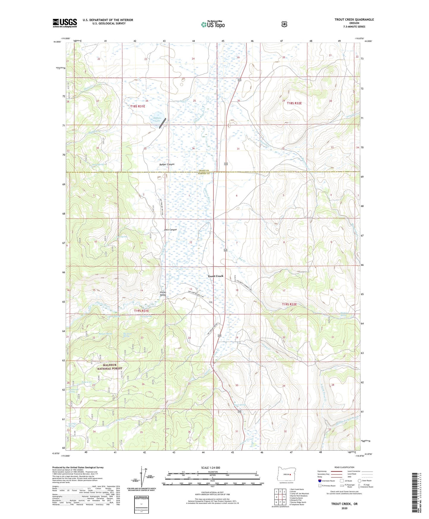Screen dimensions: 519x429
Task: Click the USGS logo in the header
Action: (65, 23)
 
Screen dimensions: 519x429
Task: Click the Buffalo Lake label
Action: (157, 119)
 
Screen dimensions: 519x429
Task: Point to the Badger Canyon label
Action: (167, 164)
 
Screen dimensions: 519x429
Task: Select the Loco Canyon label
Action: (170, 230)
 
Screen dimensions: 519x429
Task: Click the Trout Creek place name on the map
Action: (215, 276)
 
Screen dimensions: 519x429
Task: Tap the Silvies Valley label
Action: (163, 293)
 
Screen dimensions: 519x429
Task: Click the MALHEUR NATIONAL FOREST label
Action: (110, 367)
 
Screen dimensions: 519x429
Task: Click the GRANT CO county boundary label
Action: (204, 170)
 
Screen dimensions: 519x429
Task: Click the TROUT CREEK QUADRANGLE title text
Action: (354, 20)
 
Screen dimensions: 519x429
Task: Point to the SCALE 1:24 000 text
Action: (210, 468)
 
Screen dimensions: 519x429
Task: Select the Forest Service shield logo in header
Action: (284, 24)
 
